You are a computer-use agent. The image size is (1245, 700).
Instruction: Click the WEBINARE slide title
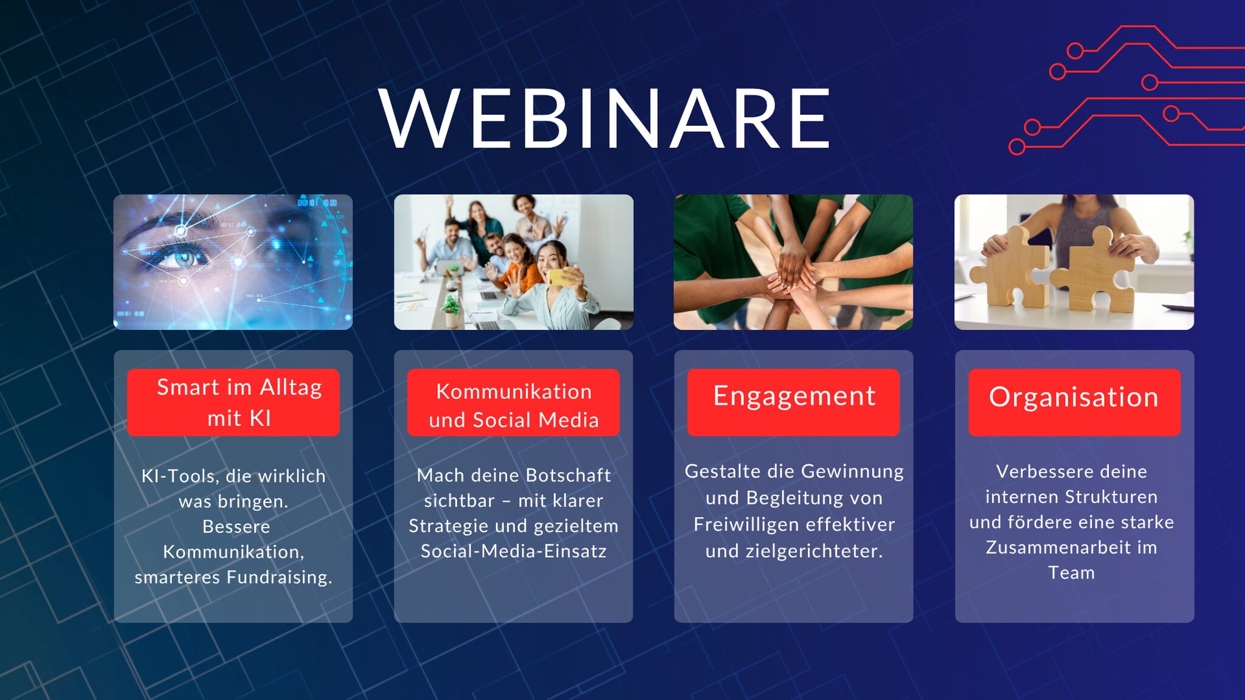604,118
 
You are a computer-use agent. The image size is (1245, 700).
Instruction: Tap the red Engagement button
793,402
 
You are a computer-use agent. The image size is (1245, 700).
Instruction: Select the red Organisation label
1074,402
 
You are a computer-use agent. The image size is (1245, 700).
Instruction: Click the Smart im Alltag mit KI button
233,402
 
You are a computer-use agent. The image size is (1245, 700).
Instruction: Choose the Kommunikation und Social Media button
514,402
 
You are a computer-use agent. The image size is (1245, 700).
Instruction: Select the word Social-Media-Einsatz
514,551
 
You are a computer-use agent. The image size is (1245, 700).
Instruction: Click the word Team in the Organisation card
1072,573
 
